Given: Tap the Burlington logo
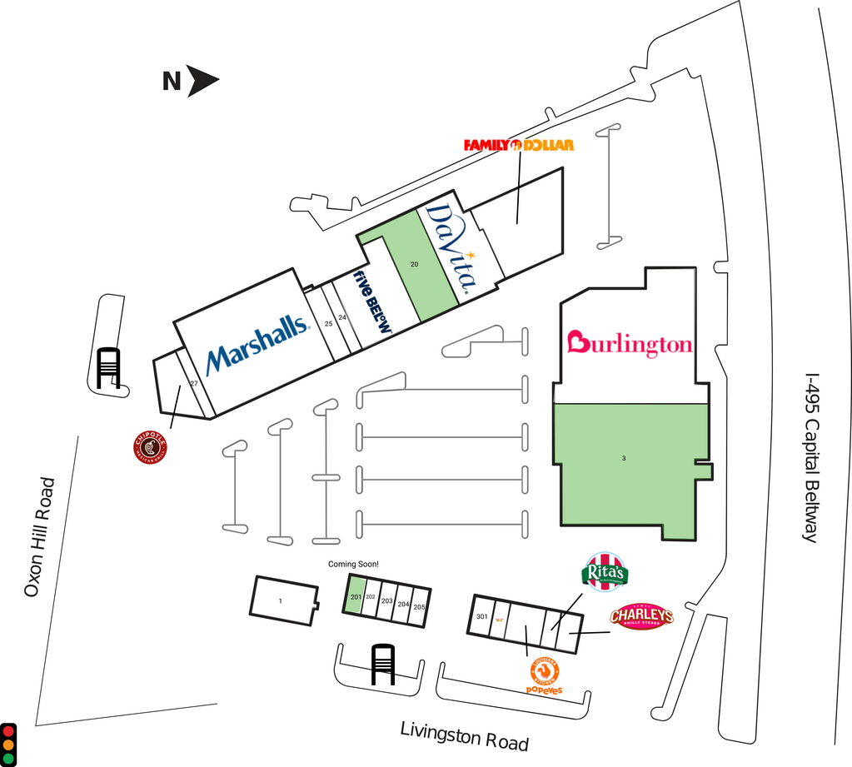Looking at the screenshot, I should [630, 343].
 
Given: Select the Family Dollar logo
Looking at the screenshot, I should [519, 146].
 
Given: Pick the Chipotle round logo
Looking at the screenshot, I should [150, 447].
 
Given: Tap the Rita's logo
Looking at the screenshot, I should [605, 573].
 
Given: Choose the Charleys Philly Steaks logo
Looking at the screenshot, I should [640, 616].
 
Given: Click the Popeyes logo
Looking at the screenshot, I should [544, 676].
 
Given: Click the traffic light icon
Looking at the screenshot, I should [8, 744].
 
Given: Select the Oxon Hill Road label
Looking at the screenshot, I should [39, 537].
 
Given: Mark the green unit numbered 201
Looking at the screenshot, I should [355, 596].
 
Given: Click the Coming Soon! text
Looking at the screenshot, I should [353, 564].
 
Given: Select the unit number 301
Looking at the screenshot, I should [481, 617].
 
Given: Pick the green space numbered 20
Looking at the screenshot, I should [414, 264].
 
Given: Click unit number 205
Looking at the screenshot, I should [419, 607].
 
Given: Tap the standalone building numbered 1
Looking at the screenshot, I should [281, 600].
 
